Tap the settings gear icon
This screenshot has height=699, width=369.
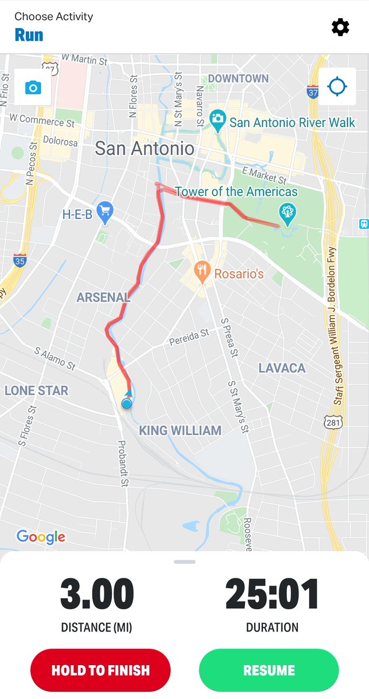pos(340,27)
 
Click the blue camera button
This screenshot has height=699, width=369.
pos(33,88)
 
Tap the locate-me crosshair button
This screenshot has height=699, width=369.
pos(337,87)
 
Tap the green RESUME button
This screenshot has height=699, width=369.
pos(269,670)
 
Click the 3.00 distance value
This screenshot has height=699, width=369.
pos(97,595)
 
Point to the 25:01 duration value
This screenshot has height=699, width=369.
pos(272,595)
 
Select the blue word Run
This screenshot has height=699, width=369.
pos(29,35)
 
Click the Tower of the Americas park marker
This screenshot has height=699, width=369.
pos(287,213)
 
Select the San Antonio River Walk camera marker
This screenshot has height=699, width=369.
pos(218,119)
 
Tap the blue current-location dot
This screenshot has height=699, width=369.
pos(126,403)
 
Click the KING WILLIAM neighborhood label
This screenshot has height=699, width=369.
pos(180,431)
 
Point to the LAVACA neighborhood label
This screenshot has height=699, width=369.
pos(282,368)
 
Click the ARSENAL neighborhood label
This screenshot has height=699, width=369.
pos(103,298)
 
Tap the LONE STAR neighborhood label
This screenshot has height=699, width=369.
pos(37,390)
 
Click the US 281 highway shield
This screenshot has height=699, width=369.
pos(333,422)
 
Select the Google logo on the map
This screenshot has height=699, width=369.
pos(41,536)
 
